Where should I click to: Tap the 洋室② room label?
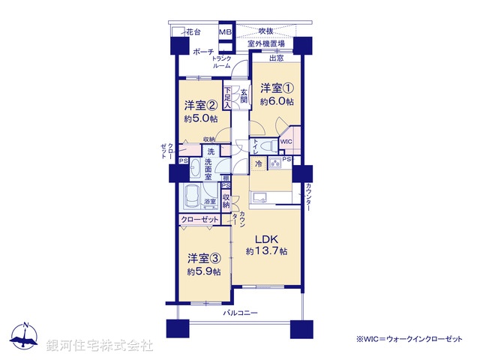tap(201, 106)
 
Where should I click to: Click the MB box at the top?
tap(225, 32)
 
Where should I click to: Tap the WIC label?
tap(286, 140)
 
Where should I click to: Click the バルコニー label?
tap(241, 313)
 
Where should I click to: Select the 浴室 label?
tap(211, 202)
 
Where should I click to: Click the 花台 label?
tap(193, 32)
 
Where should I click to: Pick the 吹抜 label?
tap(265, 31)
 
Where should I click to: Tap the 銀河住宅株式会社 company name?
tap(100, 345)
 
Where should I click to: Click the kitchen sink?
tap(262, 198)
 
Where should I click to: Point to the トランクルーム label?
tap(222, 62)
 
